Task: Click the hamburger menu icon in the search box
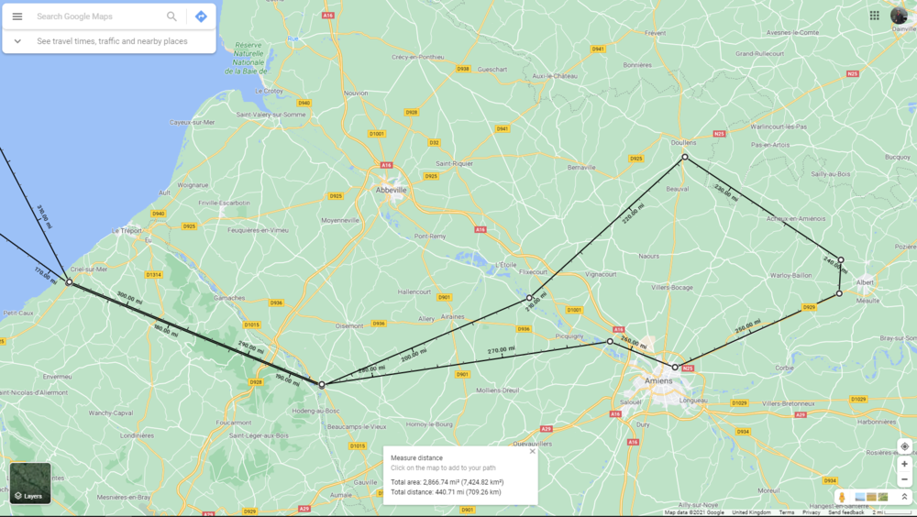pyautogui.click(x=17, y=16)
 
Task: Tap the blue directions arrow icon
pyautogui.click(x=201, y=16)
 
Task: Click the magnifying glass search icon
pyautogui.click(x=171, y=16)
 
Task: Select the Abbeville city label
pyautogui.click(x=392, y=190)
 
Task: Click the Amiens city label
pyautogui.click(x=658, y=380)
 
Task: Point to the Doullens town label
pyautogui.click(x=684, y=143)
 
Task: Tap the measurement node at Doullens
pyautogui.click(x=684, y=158)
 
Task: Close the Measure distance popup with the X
pyautogui.click(x=532, y=451)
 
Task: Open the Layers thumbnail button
pyautogui.click(x=30, y=483)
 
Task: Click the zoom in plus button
pyautogui.click(x=904, y=464)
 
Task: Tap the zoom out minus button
pyautogui.click(x=904, y=479)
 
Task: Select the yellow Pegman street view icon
pyautogui.click(x=842, y=497)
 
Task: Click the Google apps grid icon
pyautogui.click(x=875, y=16)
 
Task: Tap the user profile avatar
pyautogui.click(x=899, y=16)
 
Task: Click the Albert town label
pyautogui.click(x=865, y=283)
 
